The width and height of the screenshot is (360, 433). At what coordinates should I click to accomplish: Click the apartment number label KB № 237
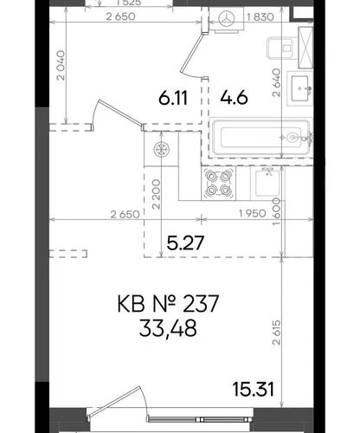(168, 304)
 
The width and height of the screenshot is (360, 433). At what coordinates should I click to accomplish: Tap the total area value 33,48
(168, 328)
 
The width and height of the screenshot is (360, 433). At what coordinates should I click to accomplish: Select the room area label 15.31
(253, 389)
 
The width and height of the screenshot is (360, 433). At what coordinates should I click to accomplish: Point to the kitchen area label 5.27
(185, 242)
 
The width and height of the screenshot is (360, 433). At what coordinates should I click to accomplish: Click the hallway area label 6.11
(173, 97)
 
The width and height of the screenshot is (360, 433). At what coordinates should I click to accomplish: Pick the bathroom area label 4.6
(234, 97)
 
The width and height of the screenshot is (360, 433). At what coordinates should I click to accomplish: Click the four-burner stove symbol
(219, 184)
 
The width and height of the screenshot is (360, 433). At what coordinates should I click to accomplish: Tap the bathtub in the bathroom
(261, 138)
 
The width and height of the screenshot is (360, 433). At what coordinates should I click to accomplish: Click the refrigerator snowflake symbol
(161, 150)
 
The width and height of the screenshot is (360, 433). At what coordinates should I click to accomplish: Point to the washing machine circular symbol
(227, 19)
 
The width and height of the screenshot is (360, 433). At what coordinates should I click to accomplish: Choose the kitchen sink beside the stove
(267, 183)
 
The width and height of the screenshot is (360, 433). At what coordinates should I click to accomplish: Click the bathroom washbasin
(300, 88)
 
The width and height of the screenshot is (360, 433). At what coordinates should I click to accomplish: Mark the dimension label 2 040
(61, 66)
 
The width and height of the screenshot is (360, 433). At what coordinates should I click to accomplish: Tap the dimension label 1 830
(260, 17)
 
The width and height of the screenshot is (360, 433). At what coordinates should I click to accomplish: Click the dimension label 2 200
(156, 194)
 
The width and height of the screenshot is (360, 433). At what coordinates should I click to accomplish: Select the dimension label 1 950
(253, 214)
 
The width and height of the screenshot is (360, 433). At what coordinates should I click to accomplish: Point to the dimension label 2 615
(276, 332)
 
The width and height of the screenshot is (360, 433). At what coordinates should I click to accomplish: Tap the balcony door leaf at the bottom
(115, 402)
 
